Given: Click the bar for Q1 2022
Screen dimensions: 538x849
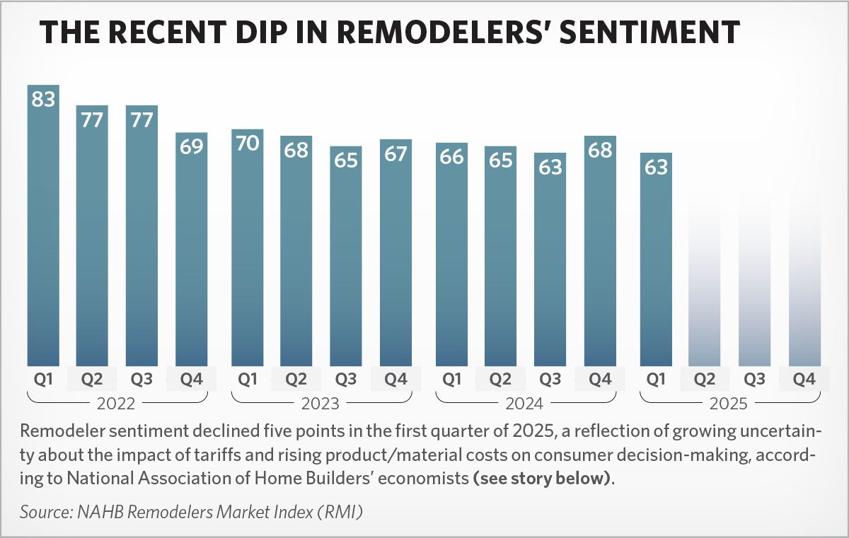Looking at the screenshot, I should click(x=43, y=233).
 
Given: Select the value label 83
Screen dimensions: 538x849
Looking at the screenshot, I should click(x=43, y=100).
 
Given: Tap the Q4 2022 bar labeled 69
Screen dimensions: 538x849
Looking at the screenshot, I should click(x=191, y=255).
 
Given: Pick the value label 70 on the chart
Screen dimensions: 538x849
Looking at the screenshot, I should click(x=248, y=144).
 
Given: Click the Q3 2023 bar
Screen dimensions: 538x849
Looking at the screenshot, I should click(x=346, y=262).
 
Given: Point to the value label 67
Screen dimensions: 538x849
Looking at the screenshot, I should click(x=395, y=153).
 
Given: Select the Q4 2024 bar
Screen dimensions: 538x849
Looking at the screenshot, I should click(x=600, y=255).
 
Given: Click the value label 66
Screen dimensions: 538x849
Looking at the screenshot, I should click(x=451, y=157).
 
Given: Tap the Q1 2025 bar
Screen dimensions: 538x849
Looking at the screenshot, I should click(x=656, y=262).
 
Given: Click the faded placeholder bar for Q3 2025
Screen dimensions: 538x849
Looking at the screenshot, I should click(x=754, y=283).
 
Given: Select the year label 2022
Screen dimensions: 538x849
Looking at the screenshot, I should click(x=117, y=404).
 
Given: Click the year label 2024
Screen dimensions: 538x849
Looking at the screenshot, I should click(x=526, y=404).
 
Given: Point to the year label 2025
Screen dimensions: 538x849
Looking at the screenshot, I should click(x=730, y=404).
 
